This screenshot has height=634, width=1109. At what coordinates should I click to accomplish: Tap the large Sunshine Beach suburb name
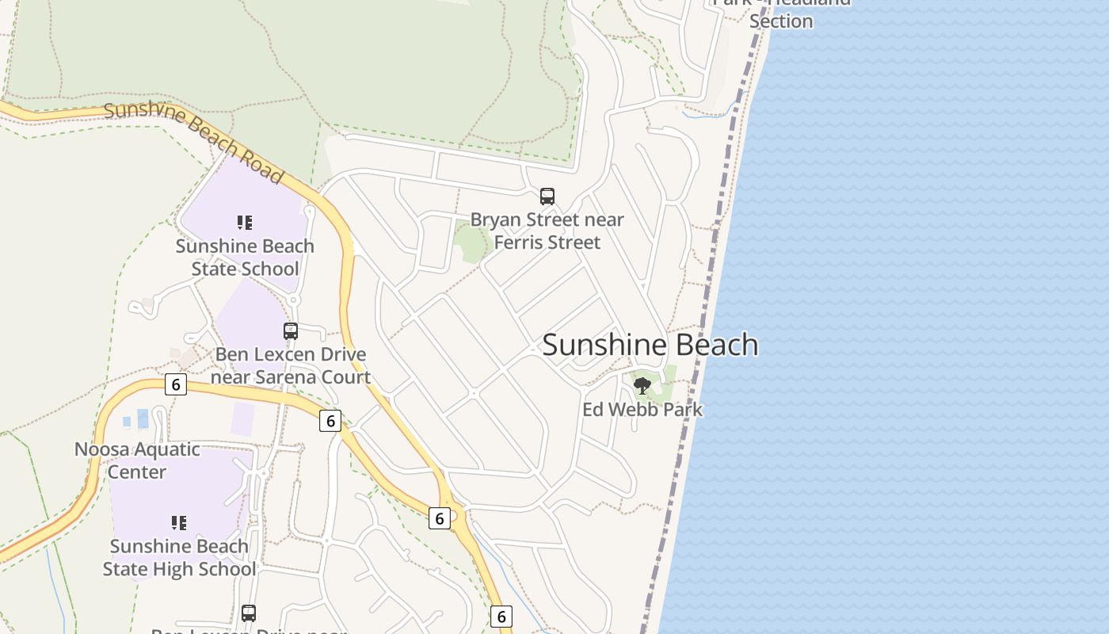click(650, 345)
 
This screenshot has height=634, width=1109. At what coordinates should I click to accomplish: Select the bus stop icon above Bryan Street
click(547, 197)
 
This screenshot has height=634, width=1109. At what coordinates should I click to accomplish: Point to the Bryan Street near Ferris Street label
click(547, 231)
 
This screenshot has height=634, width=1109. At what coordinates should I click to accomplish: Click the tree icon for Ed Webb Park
click(642, 386)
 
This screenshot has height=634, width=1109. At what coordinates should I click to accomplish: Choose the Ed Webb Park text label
click(642, 410)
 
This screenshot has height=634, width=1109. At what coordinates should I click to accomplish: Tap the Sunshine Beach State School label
click(245, 258)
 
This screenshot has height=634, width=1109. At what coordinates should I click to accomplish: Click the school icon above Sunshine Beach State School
click(245, 223)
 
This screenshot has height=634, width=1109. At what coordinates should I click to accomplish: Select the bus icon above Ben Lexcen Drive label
click(291, 331)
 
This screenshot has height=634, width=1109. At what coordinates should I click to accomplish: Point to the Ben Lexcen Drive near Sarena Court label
click(291, 365)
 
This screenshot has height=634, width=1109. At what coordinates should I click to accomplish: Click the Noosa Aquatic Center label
click(137, 460)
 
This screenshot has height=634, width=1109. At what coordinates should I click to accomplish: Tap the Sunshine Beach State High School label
click(179, 558)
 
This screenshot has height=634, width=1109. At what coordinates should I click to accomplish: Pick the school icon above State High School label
click(179, 523)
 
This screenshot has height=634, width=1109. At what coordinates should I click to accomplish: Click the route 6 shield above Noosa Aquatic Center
click(175, 384)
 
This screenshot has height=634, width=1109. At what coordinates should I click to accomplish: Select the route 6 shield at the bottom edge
click(501, 616)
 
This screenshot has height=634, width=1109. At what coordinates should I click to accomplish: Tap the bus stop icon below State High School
click(249, 613)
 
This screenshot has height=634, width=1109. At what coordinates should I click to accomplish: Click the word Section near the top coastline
click(781, 21)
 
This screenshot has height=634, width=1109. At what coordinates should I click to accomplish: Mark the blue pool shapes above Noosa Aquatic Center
click(136, 418)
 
